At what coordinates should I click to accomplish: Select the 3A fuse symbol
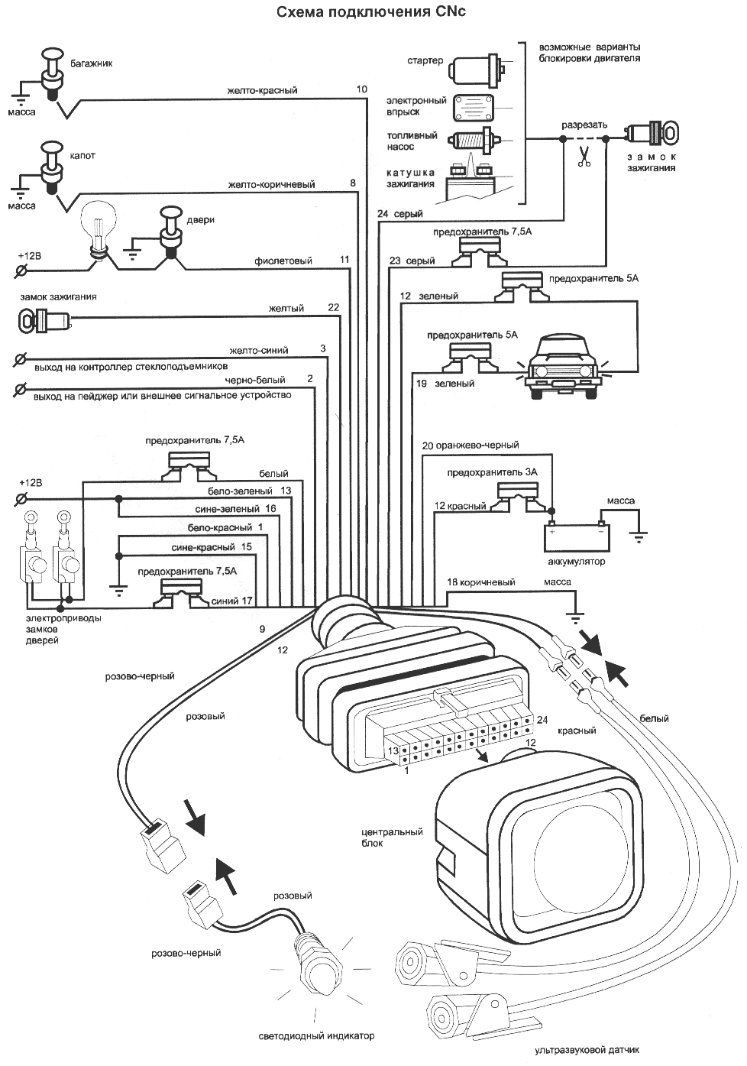pyautogui.click(x=519, y=493)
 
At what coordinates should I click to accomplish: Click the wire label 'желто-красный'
pyautogui.click(x=262, y=90)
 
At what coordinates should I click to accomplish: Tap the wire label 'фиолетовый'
pyautogui.click(x=283, y=261)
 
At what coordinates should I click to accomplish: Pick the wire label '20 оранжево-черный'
pyautogui.click(x=470, y=445)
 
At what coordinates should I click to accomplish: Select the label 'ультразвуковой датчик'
pyautogui.click(x=587, y=1049)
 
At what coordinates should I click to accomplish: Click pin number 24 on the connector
pyautogui.click(x=542, y=719)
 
